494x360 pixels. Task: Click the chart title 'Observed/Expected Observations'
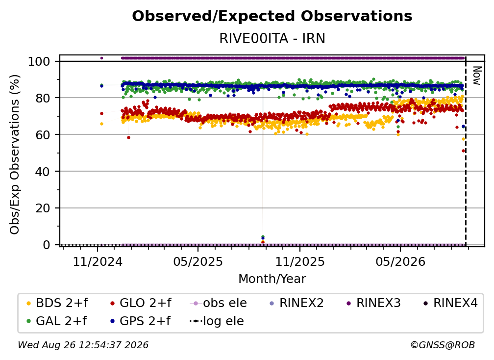click(272, 16)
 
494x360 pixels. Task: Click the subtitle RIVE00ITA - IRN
click(272, 38)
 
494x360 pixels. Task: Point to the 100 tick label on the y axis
click(39, 61)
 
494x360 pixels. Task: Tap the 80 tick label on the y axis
click(43, 98)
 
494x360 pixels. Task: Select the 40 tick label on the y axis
click(43, 172)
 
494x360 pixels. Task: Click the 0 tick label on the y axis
click(47, 245)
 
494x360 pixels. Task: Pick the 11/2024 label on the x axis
click(98, 261)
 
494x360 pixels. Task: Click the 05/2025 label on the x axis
click(198, 261)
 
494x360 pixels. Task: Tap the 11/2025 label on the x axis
click(300, 261)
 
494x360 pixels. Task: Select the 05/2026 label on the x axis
click(400, 261)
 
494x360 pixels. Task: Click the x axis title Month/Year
click(272, 279)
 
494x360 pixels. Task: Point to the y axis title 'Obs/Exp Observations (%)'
click(15, 154)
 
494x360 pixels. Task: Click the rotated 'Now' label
click(477, 76)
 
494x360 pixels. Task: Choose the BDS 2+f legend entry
click(57, 303)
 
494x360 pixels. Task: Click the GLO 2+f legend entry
click(141, 303)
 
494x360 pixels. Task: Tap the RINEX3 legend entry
click(373, 303)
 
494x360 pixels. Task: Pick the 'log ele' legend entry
click(217, 321)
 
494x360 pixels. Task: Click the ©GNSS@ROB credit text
click(443, 345)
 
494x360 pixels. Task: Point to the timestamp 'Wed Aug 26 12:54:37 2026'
click(83, 345)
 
